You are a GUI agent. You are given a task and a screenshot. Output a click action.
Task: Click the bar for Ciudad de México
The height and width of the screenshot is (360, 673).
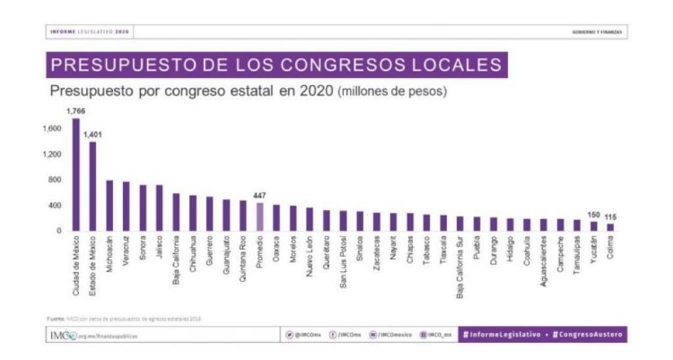point(75,175)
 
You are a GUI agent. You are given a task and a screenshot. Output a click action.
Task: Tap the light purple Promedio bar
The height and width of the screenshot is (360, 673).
point(260,216)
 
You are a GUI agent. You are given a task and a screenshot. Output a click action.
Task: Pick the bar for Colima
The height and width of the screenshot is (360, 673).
point(610,227)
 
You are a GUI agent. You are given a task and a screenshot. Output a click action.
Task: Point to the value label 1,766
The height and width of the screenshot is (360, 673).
point(75,110)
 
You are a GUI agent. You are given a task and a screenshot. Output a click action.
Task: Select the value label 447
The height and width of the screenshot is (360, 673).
point(260,195)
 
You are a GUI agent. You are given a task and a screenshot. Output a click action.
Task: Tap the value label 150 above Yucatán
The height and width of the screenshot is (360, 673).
point(593,215)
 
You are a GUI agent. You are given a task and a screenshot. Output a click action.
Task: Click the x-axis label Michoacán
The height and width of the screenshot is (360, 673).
point(109,257)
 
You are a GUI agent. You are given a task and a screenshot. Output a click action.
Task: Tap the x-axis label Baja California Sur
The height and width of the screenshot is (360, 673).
point(460,266)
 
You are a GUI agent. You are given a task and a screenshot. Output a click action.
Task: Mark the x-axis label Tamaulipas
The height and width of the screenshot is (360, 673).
point(577,257)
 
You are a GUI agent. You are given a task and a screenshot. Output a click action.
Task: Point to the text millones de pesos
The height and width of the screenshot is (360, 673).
point(393,92)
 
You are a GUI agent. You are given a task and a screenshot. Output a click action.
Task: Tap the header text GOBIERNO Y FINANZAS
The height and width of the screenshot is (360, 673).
point(598,32)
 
